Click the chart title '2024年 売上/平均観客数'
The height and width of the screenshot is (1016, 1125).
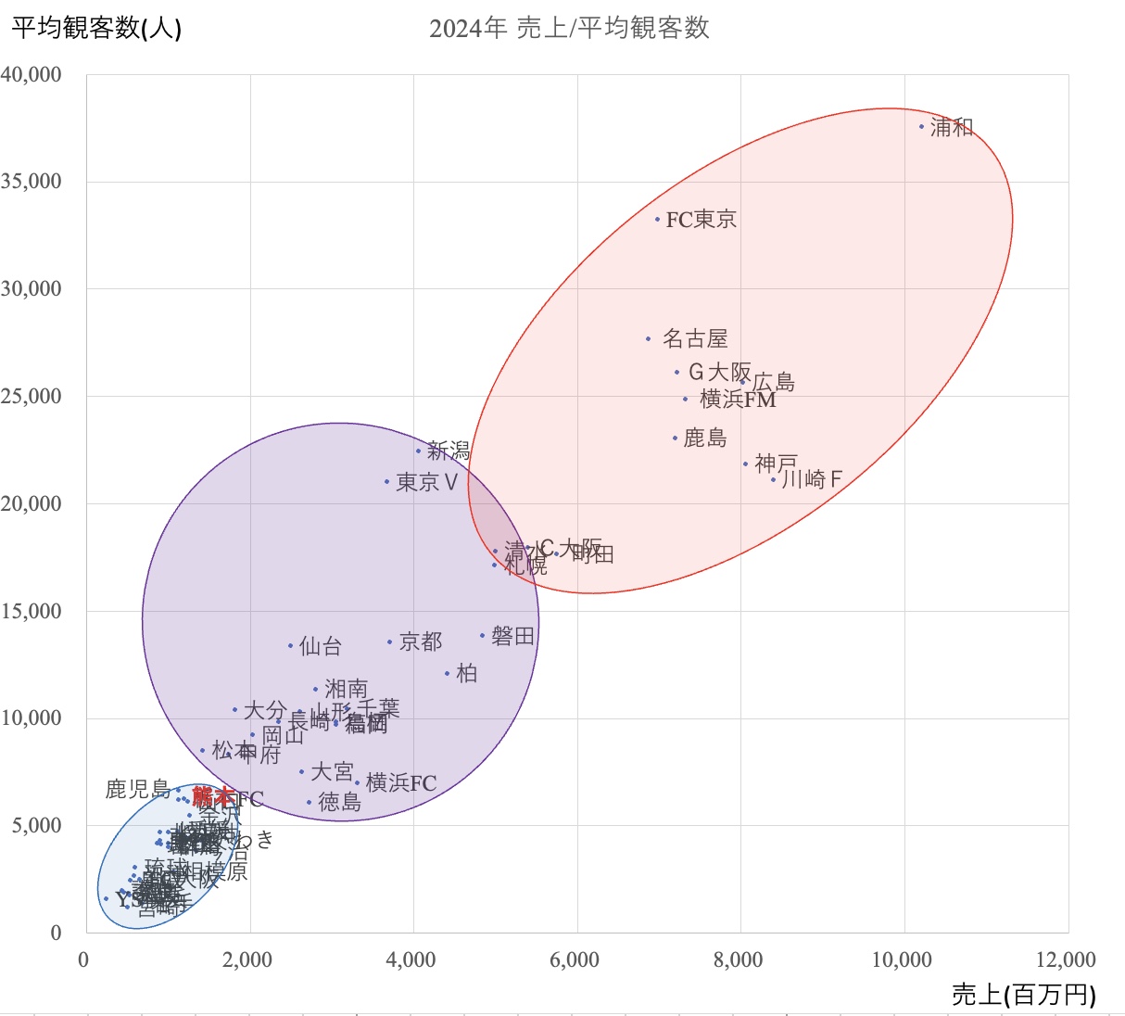pyautogui.click(x=569, y=28)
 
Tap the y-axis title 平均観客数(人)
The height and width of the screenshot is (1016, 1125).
pyautogui.click(x=96, y=28)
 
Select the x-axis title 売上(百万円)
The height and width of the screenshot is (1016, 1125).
pyautogui.click(x=1023, y=995)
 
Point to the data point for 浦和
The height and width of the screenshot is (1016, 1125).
pyautogui.click(x=921, y=126)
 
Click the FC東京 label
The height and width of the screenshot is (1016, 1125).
pyautogui.click(x=702, y=220)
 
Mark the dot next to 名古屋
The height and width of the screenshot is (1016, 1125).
pyautogui.click(x=649, y=339)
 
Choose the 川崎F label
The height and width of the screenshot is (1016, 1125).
pyautogui.click(x=812, y=479)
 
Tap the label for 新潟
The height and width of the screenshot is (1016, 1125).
pyautogui.click(x=449, y=451)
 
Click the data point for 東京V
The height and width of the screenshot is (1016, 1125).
pyautogui.click(x=387, y=481)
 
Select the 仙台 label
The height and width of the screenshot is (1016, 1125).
pyautogui.click(x=321, y=646)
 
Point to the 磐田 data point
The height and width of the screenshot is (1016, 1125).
pyautogui.click(x=483, y=636)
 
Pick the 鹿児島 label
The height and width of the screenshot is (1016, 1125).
pyautogui.click(x=138, y=790)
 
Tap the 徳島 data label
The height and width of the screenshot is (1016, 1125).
pyautogui.click(x=339, y=803)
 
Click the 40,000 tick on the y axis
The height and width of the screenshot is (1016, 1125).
pyautogui.click(x=32, y=74)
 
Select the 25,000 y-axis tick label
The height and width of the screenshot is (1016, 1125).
pyautogui.click(x=32, y=396)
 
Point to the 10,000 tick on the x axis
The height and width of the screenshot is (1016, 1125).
pyautogui.click(x=902, y=960)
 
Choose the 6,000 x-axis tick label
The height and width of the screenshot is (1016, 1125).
pyautogui.click(x=575, y=960)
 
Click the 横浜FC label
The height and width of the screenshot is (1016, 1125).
pyautogui.click(x=400, y=783)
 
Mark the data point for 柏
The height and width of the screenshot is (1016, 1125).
pyautogui.click(x=448, y=674)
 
